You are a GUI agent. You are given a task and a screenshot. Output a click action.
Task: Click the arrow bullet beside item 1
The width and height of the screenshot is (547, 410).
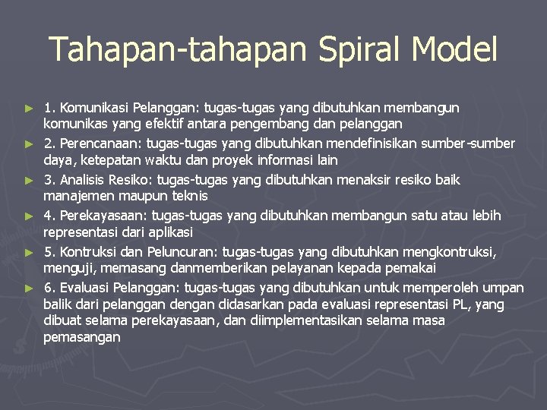30,108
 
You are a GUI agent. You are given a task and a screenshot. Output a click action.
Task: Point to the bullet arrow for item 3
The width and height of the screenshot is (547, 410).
30,181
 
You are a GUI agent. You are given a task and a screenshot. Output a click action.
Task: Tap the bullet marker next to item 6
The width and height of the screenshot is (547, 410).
30,289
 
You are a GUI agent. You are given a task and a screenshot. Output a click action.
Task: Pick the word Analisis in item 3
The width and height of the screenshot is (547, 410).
84,180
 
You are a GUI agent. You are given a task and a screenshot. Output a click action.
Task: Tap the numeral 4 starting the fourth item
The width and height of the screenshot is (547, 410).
48,216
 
